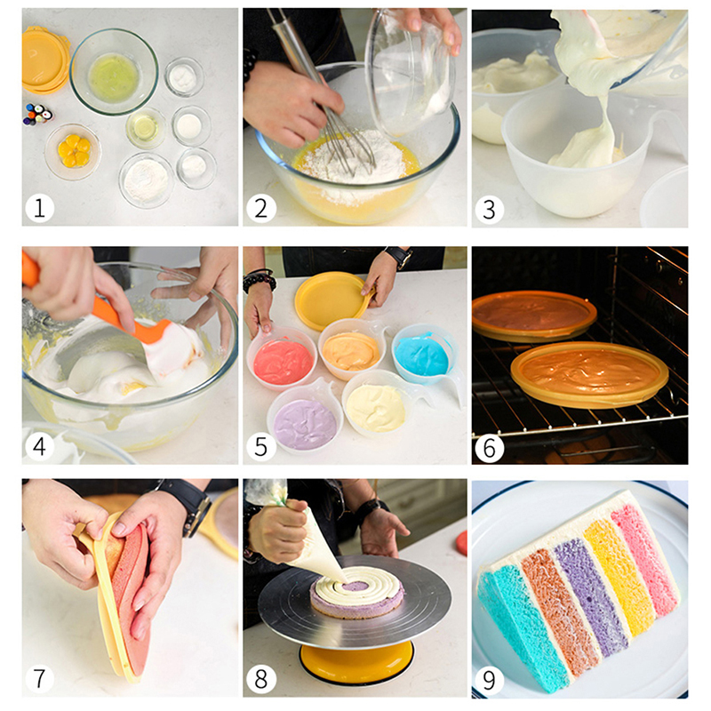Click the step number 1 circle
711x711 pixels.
(x=39, y=209)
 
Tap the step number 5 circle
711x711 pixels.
(x=261, y=446)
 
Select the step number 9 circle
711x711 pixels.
(x=489, y=680)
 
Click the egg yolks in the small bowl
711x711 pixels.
(x=74, y=150)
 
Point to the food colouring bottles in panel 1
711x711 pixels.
(x=37, y=115)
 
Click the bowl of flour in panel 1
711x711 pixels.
(x=147, y=180)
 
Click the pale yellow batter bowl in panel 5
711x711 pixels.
(x=376, y=405)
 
